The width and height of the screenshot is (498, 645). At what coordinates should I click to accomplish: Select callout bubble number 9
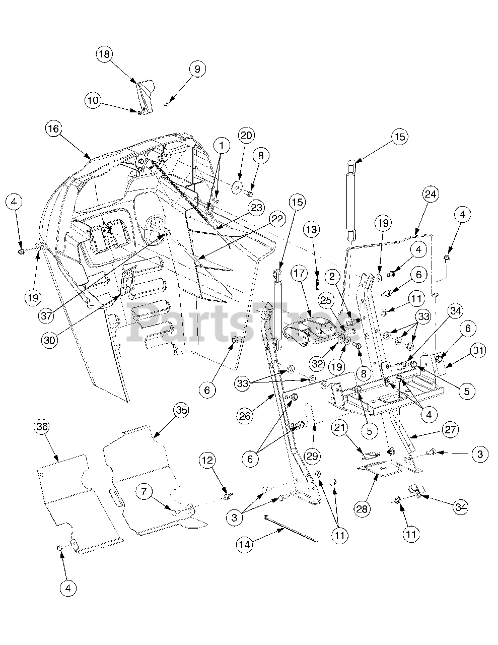(x=197, y=69)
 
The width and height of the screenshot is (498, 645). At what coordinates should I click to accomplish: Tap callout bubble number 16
(x=54, y=129)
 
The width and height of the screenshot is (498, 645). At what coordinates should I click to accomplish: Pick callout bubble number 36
(x=42, y=427)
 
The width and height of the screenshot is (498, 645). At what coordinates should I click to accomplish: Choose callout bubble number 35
(x=181, y=410)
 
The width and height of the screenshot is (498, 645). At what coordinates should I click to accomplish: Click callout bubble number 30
(x=50, y=340)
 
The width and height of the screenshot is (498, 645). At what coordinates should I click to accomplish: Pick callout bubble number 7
(x=144, y=491)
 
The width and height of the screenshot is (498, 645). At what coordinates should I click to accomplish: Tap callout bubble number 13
(x=312, y=229)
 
